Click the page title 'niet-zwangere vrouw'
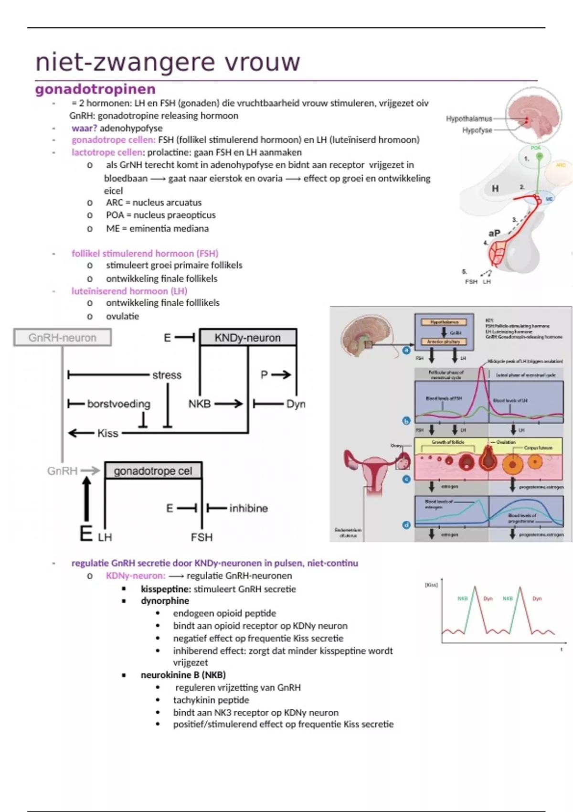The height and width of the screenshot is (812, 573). click(168, 62)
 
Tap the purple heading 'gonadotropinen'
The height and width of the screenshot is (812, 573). click(95, 89)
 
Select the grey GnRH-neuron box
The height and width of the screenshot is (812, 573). click(63, 338)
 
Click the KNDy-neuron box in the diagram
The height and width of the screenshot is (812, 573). click(248, 338)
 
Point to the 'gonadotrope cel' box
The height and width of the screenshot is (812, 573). click(153, 471)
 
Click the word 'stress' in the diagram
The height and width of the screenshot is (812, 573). click(167, 375)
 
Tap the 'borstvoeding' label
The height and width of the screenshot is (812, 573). click(118, 404)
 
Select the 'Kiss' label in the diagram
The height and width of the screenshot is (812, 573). click(107, 433)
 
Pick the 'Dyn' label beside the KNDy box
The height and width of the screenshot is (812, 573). click(296, 404)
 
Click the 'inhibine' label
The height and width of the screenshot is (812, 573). click(248, 508)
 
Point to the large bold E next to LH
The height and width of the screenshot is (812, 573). click(86, 534)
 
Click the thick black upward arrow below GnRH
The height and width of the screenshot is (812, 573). click(86, 499)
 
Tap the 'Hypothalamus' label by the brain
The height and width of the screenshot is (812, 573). click(468, 118)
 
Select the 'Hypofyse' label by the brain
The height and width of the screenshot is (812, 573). click(477, 130)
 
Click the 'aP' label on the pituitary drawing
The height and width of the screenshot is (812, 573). click(494, 233)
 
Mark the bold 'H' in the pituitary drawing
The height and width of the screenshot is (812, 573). click(495, 189)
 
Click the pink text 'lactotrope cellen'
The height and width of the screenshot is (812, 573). click(107, 152)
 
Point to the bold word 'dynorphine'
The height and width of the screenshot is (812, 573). click(165, 601)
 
